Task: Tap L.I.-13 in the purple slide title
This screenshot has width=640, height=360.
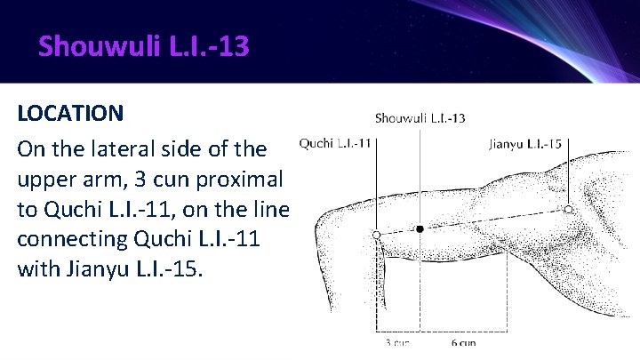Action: coord(207,45)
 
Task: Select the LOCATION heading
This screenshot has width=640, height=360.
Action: coord(70,114)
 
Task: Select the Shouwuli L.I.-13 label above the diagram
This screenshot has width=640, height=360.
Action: coord(420,117)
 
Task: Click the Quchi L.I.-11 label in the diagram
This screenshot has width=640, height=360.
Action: coord(336,141)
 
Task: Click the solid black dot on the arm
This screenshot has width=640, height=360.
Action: coord(420,229)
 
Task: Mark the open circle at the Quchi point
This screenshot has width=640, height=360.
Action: coord(377,234)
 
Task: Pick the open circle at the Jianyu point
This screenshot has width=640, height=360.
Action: coord(567,209)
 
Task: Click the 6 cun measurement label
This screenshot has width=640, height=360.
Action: coord(464,342)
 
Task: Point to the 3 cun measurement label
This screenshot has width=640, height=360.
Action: coord(397,342)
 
